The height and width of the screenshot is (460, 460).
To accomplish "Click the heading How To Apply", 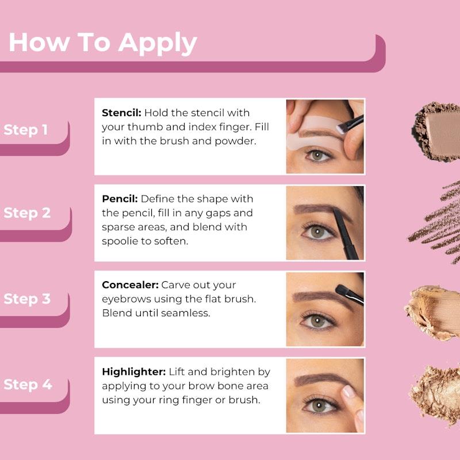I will click(x=102, y=43).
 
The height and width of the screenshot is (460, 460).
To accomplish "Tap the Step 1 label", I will click(x=26, y=130).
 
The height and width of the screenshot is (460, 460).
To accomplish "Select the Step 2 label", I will click(x=27, y=213).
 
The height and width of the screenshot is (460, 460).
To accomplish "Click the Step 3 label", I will click(x=27, y=299).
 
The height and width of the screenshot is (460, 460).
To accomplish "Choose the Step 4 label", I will click(x=27, y=384).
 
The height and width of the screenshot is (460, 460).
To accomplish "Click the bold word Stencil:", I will click(x=121, y=113).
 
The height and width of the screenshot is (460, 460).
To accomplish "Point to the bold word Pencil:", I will click(x=120, y=199).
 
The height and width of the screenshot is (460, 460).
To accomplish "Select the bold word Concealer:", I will click(x=130, y=285).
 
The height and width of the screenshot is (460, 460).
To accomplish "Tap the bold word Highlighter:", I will click(x=133, y=372).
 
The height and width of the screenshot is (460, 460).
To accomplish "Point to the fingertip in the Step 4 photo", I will click(x=349, y=393).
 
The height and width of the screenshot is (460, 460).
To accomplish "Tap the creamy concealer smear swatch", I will click(x=434, y=310).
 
